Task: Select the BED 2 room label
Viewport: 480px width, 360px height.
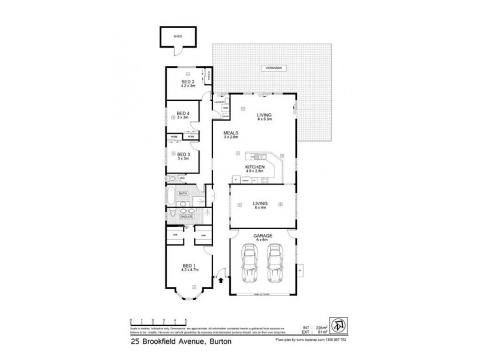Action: click(x=187, y=81)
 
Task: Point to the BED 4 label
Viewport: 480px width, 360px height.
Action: click(x=184, y=113)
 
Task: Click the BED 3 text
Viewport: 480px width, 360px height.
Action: click(x=184, y=154)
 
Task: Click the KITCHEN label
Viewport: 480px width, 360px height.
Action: click(x=254, y=167)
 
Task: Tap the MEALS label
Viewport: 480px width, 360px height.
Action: click(x=231, y=133)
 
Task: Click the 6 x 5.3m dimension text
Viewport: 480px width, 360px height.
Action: click(x=265, y=119)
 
